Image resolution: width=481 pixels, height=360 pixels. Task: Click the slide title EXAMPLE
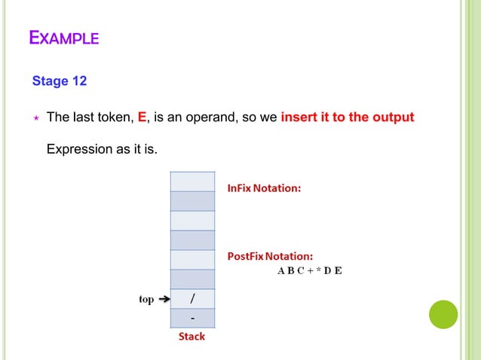click(63, 37)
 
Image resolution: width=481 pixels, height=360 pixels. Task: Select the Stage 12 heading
click(60, 81)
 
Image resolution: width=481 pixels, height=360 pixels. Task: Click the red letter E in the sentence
click(142, 117)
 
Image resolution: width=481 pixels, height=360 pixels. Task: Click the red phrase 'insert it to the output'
click(347, 117)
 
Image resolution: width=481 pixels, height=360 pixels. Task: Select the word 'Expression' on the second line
click(78, 150)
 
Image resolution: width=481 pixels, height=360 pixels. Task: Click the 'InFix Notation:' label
click(264, 188)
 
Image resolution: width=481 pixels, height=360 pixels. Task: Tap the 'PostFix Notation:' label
click(271, 256)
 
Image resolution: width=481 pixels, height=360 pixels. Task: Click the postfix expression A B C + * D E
click(307, 271)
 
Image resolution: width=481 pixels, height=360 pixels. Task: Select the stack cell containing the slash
click(192, 299)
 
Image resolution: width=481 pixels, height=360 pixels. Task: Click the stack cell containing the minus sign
click(192, 319)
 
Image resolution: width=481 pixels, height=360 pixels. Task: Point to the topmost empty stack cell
click(192, 182)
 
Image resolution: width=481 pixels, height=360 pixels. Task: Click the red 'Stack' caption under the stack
click(191, 337)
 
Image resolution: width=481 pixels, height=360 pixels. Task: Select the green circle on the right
click(443, 314)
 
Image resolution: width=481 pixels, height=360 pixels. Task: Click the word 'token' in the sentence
click(116, 117)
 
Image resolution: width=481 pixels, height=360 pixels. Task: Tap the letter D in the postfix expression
click(328, 271)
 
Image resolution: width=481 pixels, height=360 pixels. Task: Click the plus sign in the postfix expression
click(304, 271)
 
